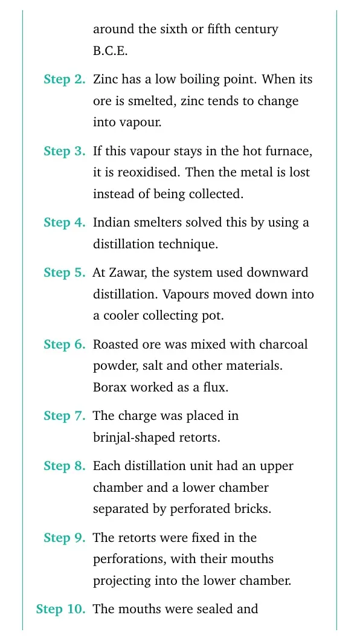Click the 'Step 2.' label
click(x=64, y=80)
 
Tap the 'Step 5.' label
click(x=64, y=272)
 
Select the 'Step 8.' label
click(x=64, y=466)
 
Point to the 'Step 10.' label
click(x=60, y=609)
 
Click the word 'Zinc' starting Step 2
click(x=106, y=79)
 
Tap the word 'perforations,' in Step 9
click(x=130, y=559)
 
